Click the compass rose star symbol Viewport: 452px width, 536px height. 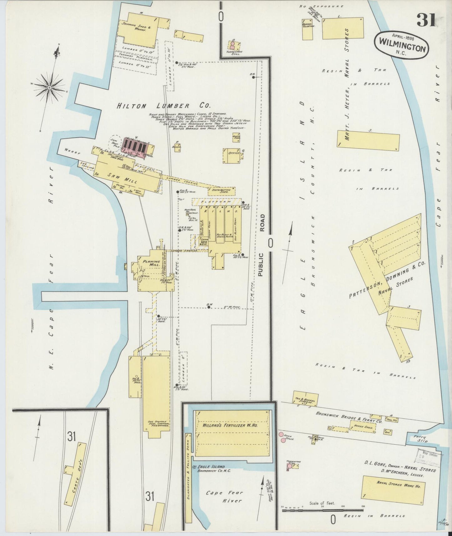[x=49, y=88]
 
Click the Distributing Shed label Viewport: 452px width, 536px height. [x=221, y=191]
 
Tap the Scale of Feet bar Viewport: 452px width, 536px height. [x=322, y=510]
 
